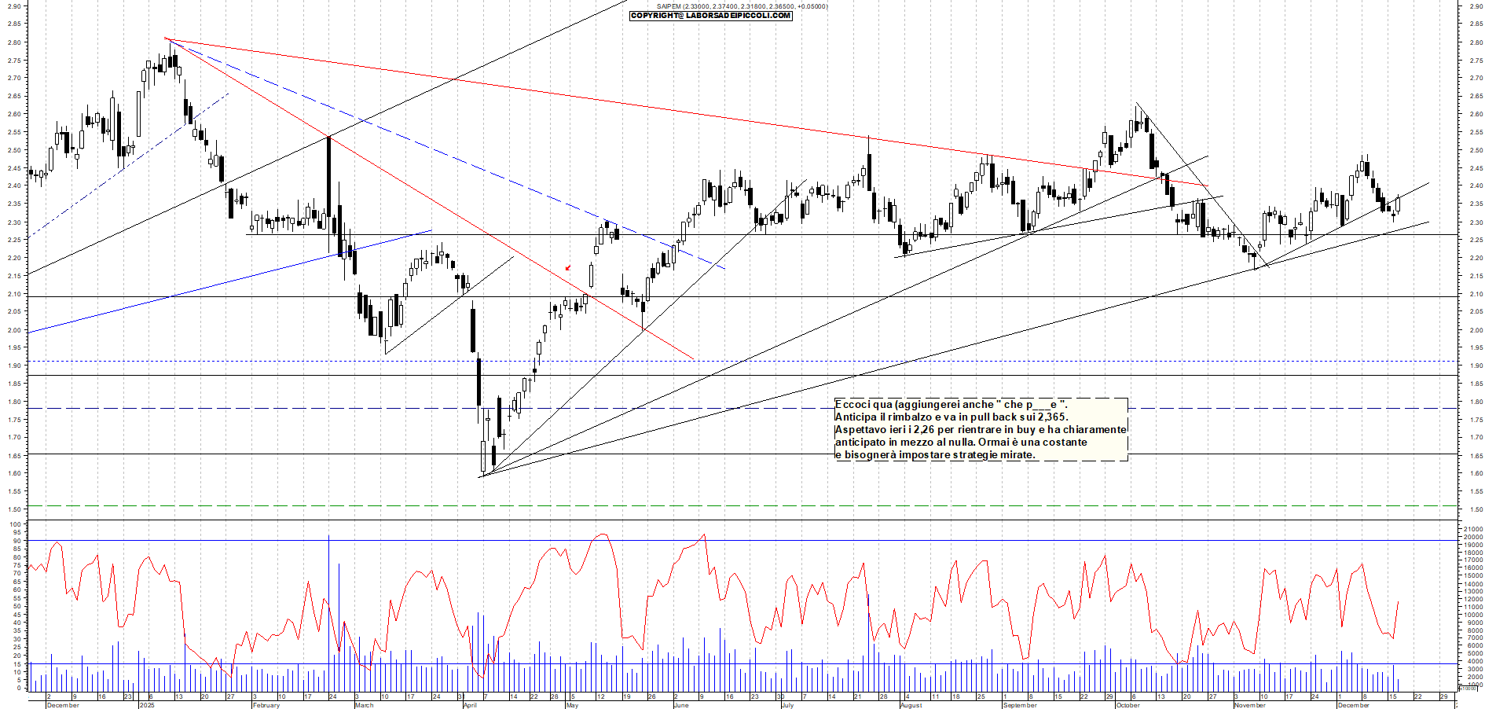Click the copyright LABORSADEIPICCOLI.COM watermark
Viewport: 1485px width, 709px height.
[x=711, y=16]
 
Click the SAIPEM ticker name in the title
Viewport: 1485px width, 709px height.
[x=669, y=6]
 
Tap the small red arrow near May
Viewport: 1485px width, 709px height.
[x=568, y=268]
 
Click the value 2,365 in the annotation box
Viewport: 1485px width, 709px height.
[x=1052, y=417]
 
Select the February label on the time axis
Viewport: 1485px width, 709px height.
[x=266, y=705]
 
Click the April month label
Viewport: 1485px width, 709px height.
[x=470, y=705]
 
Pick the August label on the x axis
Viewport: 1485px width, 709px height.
[x=911, y=705]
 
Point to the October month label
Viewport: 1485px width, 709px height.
[x=1127, y=705]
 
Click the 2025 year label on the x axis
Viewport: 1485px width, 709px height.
[x=147, y=705]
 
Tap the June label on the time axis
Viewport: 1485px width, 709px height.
[x=680, y=705]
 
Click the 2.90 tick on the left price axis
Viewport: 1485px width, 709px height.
[x=14, y=6]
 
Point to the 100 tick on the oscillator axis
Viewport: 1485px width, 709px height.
[x=16, y=524]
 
